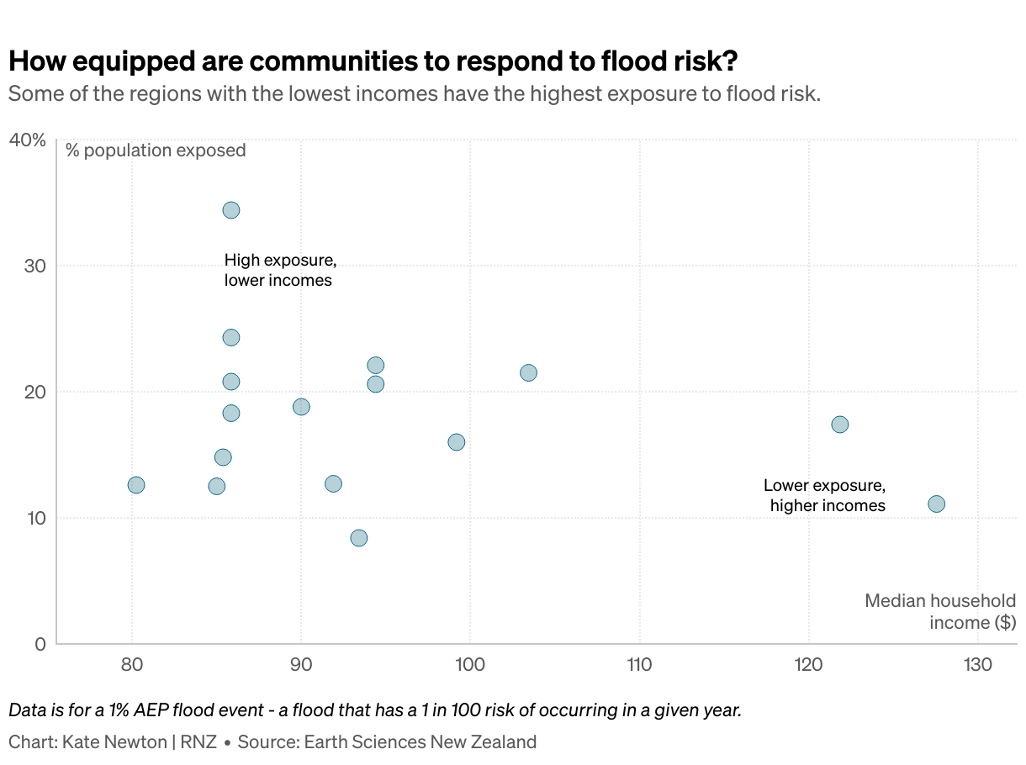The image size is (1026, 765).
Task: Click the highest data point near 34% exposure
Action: point(231,210)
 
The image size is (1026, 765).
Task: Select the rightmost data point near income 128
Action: point(936,504)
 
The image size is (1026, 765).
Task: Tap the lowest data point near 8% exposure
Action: point(359,538)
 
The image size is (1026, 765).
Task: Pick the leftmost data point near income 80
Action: point(136,485)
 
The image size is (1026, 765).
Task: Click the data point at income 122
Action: point(839,425)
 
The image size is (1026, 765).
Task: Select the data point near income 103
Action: point(528,373)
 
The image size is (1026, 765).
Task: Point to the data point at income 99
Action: point(457,442)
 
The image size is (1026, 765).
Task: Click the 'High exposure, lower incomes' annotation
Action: point(279,271)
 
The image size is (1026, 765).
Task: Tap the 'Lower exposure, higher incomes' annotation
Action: point(825,495)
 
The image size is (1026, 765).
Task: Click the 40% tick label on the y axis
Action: point(27,140)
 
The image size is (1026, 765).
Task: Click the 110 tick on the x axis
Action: point(639,665)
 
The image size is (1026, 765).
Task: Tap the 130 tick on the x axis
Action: point(978,665)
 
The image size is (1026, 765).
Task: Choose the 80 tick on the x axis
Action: point(131,665)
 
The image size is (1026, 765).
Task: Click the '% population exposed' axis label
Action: point(156,150)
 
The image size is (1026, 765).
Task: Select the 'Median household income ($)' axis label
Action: point(940,611)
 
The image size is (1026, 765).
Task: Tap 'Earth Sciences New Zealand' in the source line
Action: point(420,742)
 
